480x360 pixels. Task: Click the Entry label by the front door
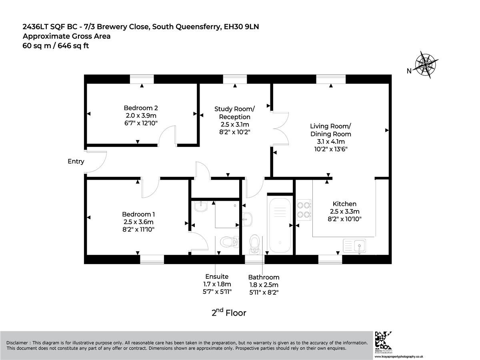click(x=76, y=162)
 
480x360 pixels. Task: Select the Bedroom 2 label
click(x=141, y=108)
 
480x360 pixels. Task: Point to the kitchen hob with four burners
click(x=304, y=210)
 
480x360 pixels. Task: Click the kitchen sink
click(x=354, y=246)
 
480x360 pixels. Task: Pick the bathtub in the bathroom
click(x=280, y=225)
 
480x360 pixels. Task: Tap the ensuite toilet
click(x=229, y=242)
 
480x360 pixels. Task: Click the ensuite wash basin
click(x=201, y=206)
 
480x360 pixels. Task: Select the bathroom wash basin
click(x=247, y=219)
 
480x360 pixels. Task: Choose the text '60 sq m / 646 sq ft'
click(x=56, y=46)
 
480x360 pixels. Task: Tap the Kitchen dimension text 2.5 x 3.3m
click(x=345, y=211)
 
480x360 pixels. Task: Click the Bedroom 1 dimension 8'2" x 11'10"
click(x=138, y=230)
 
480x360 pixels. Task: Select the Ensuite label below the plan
click(x=217, y=276)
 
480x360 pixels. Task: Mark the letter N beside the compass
click(x=409, y=71)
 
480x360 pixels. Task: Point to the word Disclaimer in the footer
click(x=17, y=343)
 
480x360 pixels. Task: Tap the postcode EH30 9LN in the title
click(x=242, y=27)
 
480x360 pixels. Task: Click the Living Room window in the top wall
click(x=331, y=79)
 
